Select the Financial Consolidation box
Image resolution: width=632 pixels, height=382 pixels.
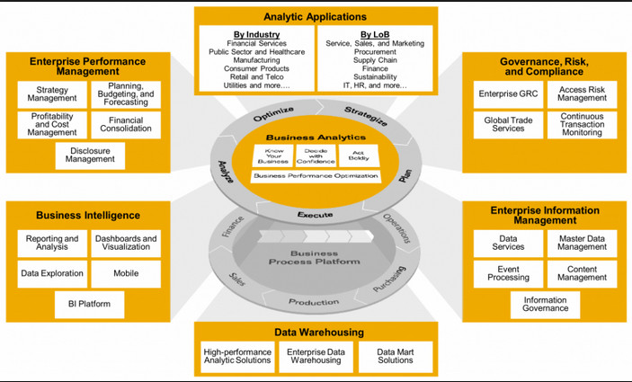click(126, 125)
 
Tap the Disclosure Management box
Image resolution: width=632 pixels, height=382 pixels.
click(90, 155)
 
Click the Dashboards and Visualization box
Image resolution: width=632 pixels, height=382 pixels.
click(126, 244)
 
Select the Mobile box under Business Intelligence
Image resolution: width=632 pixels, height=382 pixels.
click(126, 273)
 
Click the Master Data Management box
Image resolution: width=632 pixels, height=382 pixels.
click(582, 243)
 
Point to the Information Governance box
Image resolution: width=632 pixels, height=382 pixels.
click(547, 304)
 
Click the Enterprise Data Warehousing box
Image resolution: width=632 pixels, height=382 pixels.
click(316, 356)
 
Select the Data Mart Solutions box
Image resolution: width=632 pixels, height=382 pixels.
click(395, 356)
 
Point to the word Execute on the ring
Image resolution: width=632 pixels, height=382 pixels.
click(315, 214)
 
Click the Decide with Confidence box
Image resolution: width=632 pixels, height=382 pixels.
click(316, 155)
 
